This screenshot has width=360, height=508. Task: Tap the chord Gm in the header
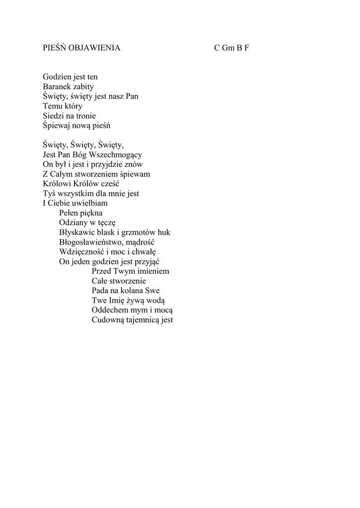coord(228,48)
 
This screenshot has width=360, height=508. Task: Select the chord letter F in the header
coord(246,48)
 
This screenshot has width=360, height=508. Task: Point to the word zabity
coord(83,87)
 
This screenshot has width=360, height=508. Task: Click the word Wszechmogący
coord(119,155)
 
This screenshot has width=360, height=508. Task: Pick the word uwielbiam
coord(90,203)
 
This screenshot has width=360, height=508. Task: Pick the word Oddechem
coord(110,311)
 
